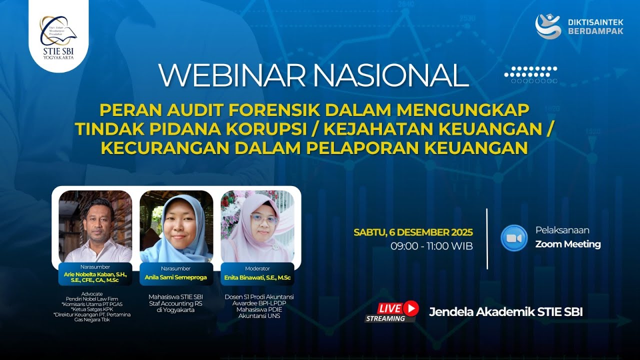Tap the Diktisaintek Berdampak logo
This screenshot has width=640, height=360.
tap(579, 26)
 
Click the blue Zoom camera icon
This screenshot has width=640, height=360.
tap(514, 238)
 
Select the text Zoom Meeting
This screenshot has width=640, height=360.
tap(568, 244)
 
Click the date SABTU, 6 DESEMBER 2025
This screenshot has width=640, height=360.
tap(413, 232)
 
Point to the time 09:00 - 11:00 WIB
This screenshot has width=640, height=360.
tap(431, 246)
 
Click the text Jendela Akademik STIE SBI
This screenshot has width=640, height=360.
tap(505, 312)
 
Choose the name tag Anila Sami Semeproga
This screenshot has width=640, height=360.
tap(176, 277)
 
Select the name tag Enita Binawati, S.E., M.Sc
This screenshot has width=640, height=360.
tap(257, 277)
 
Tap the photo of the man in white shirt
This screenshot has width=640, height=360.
tap(95, 226)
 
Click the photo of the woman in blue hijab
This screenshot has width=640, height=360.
tap(176, 226)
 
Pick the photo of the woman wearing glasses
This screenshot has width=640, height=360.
tap(257, 226)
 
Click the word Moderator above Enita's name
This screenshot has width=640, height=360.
tap(257, 268)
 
